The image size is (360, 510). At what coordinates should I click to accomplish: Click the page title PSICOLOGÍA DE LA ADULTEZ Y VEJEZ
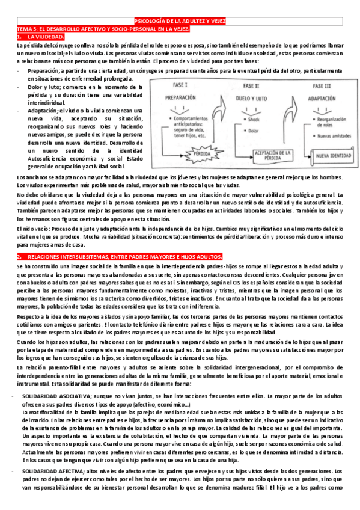[x=180, y=21]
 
